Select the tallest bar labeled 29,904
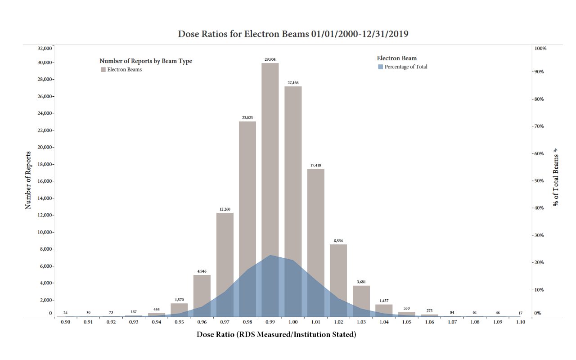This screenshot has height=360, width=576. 270,157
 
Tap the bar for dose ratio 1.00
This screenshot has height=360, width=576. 293,171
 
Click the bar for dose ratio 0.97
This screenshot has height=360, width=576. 225,252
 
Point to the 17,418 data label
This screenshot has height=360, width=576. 316,165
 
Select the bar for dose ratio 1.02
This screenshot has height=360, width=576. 338,270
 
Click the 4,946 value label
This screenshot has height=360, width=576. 202,271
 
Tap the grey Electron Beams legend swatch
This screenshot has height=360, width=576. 103,69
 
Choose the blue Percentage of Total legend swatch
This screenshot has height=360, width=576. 380,67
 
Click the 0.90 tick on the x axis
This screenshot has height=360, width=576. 65,322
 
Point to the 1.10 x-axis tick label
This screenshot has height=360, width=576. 521,322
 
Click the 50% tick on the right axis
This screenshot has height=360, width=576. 539,181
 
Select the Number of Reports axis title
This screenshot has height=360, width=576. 28,180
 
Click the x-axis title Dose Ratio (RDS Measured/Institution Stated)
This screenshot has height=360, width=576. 276,335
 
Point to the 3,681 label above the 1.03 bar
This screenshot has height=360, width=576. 361,282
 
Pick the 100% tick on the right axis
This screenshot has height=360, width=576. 540,48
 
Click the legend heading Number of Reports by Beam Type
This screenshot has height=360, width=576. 146,61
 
